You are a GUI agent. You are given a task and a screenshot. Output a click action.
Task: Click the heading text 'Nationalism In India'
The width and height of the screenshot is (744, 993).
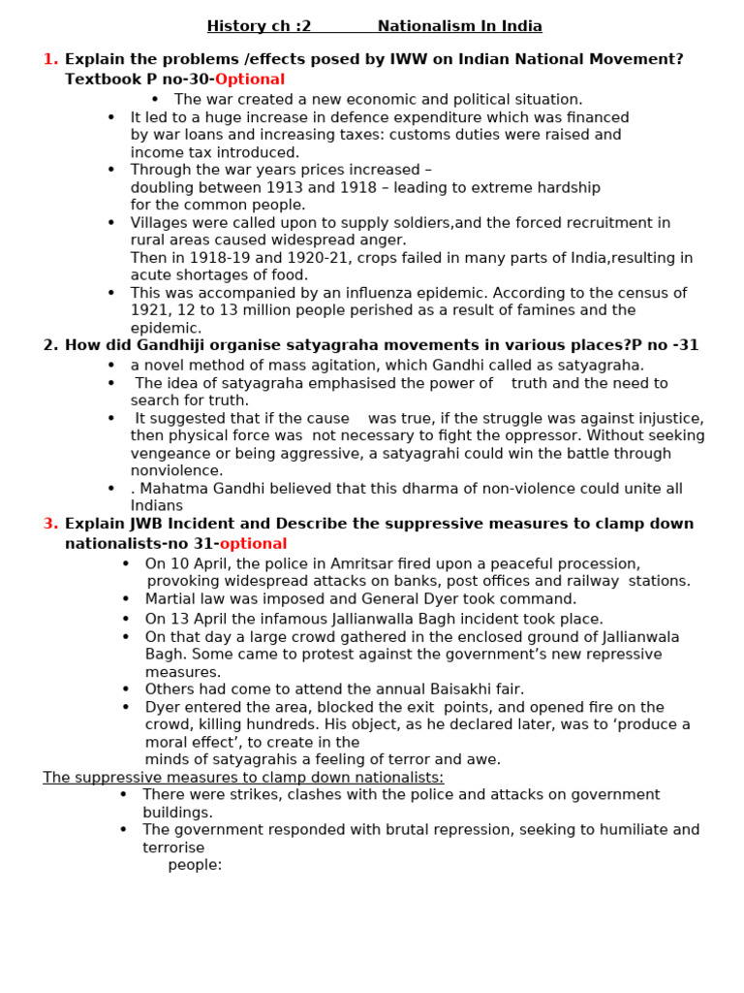tap(459, 26)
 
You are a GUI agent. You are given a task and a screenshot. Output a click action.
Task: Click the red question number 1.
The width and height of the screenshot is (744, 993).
tap(50, 59)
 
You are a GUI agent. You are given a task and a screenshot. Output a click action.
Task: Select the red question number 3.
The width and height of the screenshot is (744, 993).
tap(50, 524)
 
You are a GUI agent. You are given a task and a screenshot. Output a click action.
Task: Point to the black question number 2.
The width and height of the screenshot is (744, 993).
tap(50, 345)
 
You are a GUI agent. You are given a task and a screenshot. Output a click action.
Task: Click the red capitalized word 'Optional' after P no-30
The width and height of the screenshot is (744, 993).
tap(250, 80)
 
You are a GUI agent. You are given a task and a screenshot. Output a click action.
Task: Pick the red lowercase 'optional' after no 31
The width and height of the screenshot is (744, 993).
tap(253, 544)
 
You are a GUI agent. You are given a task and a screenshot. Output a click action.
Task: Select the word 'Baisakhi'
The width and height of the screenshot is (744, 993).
tap(443, 689)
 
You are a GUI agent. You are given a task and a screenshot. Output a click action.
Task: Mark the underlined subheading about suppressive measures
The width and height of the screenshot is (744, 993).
tap(243, 778)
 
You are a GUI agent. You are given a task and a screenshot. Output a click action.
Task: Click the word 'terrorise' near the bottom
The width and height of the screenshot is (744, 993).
tap(173, 848)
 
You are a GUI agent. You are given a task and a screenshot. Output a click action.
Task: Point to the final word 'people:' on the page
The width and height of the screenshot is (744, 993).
tap(195, 865)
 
